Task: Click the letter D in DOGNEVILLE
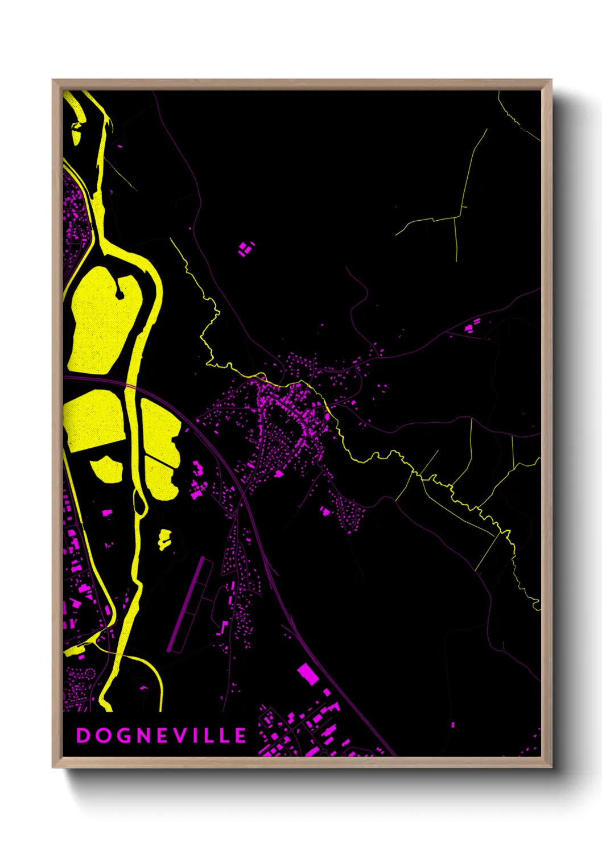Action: [x=83, y=736]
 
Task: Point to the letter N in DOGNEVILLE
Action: [x=142, y=736]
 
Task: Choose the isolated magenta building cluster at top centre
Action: [x=246, y=249]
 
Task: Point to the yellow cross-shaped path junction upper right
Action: [x=456, y=216]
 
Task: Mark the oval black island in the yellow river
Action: [x=138, y=503]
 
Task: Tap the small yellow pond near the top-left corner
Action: [x=76, y=133]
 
